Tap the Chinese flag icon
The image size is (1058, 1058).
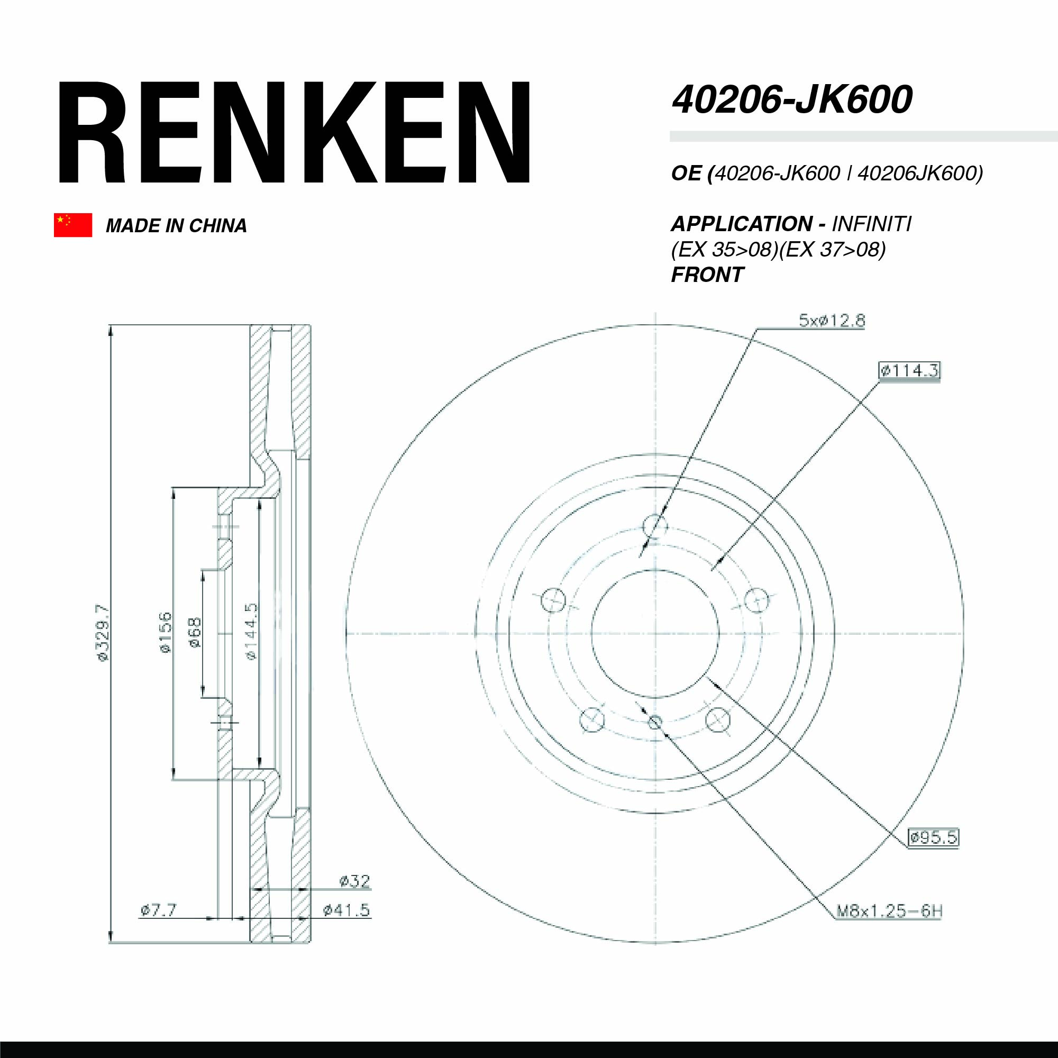coord(73,225)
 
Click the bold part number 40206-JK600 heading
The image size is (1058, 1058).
coord(792,100)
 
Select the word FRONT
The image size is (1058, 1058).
coord(707,275)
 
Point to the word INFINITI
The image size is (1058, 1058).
coord(872,224)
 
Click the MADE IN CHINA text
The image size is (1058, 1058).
coord(176,226)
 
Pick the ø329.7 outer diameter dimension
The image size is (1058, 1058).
coord(103,633)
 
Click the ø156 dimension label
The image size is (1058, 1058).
coord(165,633)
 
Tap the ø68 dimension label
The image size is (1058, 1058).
coord(195,633)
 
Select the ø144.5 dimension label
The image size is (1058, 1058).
coord(251,632)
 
